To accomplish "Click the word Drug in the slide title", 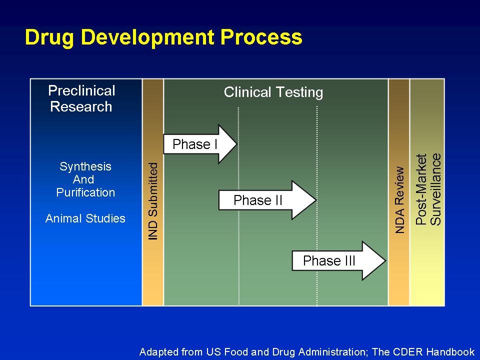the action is point(49,38).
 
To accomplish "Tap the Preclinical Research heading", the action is point(81,98).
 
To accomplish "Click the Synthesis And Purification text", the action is point(85,179).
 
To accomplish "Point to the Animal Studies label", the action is point(85,218).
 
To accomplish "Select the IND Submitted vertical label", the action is point(153,201).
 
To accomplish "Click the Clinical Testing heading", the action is point(273,92).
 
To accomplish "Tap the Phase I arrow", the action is point(200,144).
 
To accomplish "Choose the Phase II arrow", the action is point(267,200).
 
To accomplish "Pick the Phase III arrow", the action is point(339,260).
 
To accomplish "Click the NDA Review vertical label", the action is point(400,200).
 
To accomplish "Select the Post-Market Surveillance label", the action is point(428,189).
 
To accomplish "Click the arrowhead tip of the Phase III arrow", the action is point(385,260).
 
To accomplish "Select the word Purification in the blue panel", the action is point(85,192).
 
